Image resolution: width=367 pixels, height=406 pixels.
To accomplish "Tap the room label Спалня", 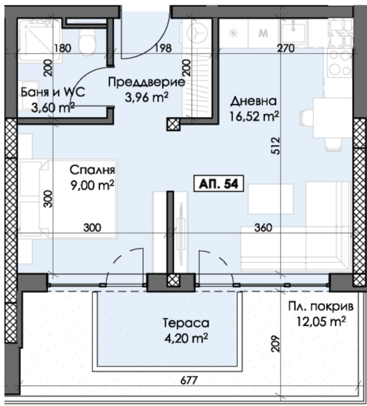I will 92,170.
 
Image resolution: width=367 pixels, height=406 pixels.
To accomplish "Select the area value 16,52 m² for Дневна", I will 255,117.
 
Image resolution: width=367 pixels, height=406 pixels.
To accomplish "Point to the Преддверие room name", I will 146,83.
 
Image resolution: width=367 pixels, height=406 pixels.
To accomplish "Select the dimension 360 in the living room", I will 264,227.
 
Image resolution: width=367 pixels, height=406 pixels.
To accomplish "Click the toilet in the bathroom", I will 86,40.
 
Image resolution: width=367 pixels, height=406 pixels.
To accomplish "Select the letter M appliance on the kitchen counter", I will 263,33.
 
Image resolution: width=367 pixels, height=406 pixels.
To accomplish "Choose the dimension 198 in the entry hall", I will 150,48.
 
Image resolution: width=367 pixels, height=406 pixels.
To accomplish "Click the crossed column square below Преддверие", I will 173,123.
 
